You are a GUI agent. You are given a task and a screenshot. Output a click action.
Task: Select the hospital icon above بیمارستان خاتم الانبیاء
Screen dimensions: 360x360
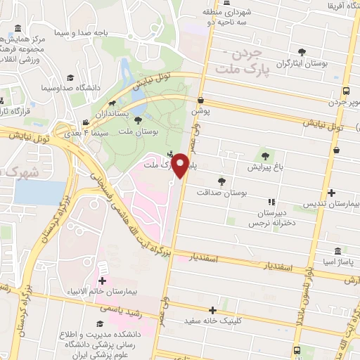(x=103, y=269)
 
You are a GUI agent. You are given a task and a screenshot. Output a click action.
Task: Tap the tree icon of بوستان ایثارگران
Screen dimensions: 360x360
(x=302, y=51)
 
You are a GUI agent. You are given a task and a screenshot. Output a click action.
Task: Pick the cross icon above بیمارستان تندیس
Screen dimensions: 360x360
(x=331, y=192)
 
